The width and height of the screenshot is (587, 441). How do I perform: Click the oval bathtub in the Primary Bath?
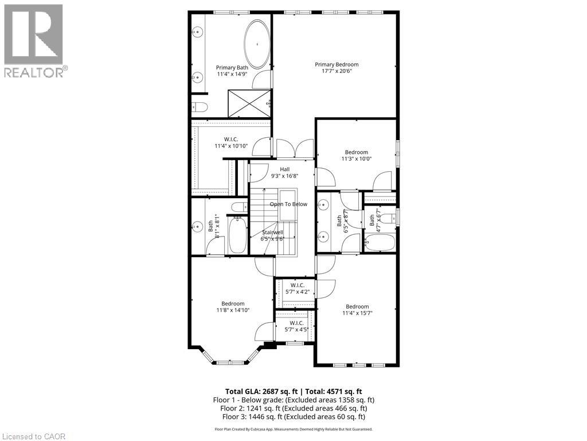[257, 44]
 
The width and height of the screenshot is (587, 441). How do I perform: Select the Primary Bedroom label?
[336, 64]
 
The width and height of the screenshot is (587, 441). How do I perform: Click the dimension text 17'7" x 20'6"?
[336, 71]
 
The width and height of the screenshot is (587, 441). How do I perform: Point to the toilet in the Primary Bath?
[199, 106]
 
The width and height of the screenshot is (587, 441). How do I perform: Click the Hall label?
[284, 169]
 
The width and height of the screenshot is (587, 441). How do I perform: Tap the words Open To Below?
[288, 204]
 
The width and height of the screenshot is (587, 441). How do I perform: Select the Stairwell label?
[273, 233]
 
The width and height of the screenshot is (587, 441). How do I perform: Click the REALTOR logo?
[34, 41]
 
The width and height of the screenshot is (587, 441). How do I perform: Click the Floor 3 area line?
[293, 416]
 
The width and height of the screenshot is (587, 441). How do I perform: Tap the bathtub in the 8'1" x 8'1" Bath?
[237, 235]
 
